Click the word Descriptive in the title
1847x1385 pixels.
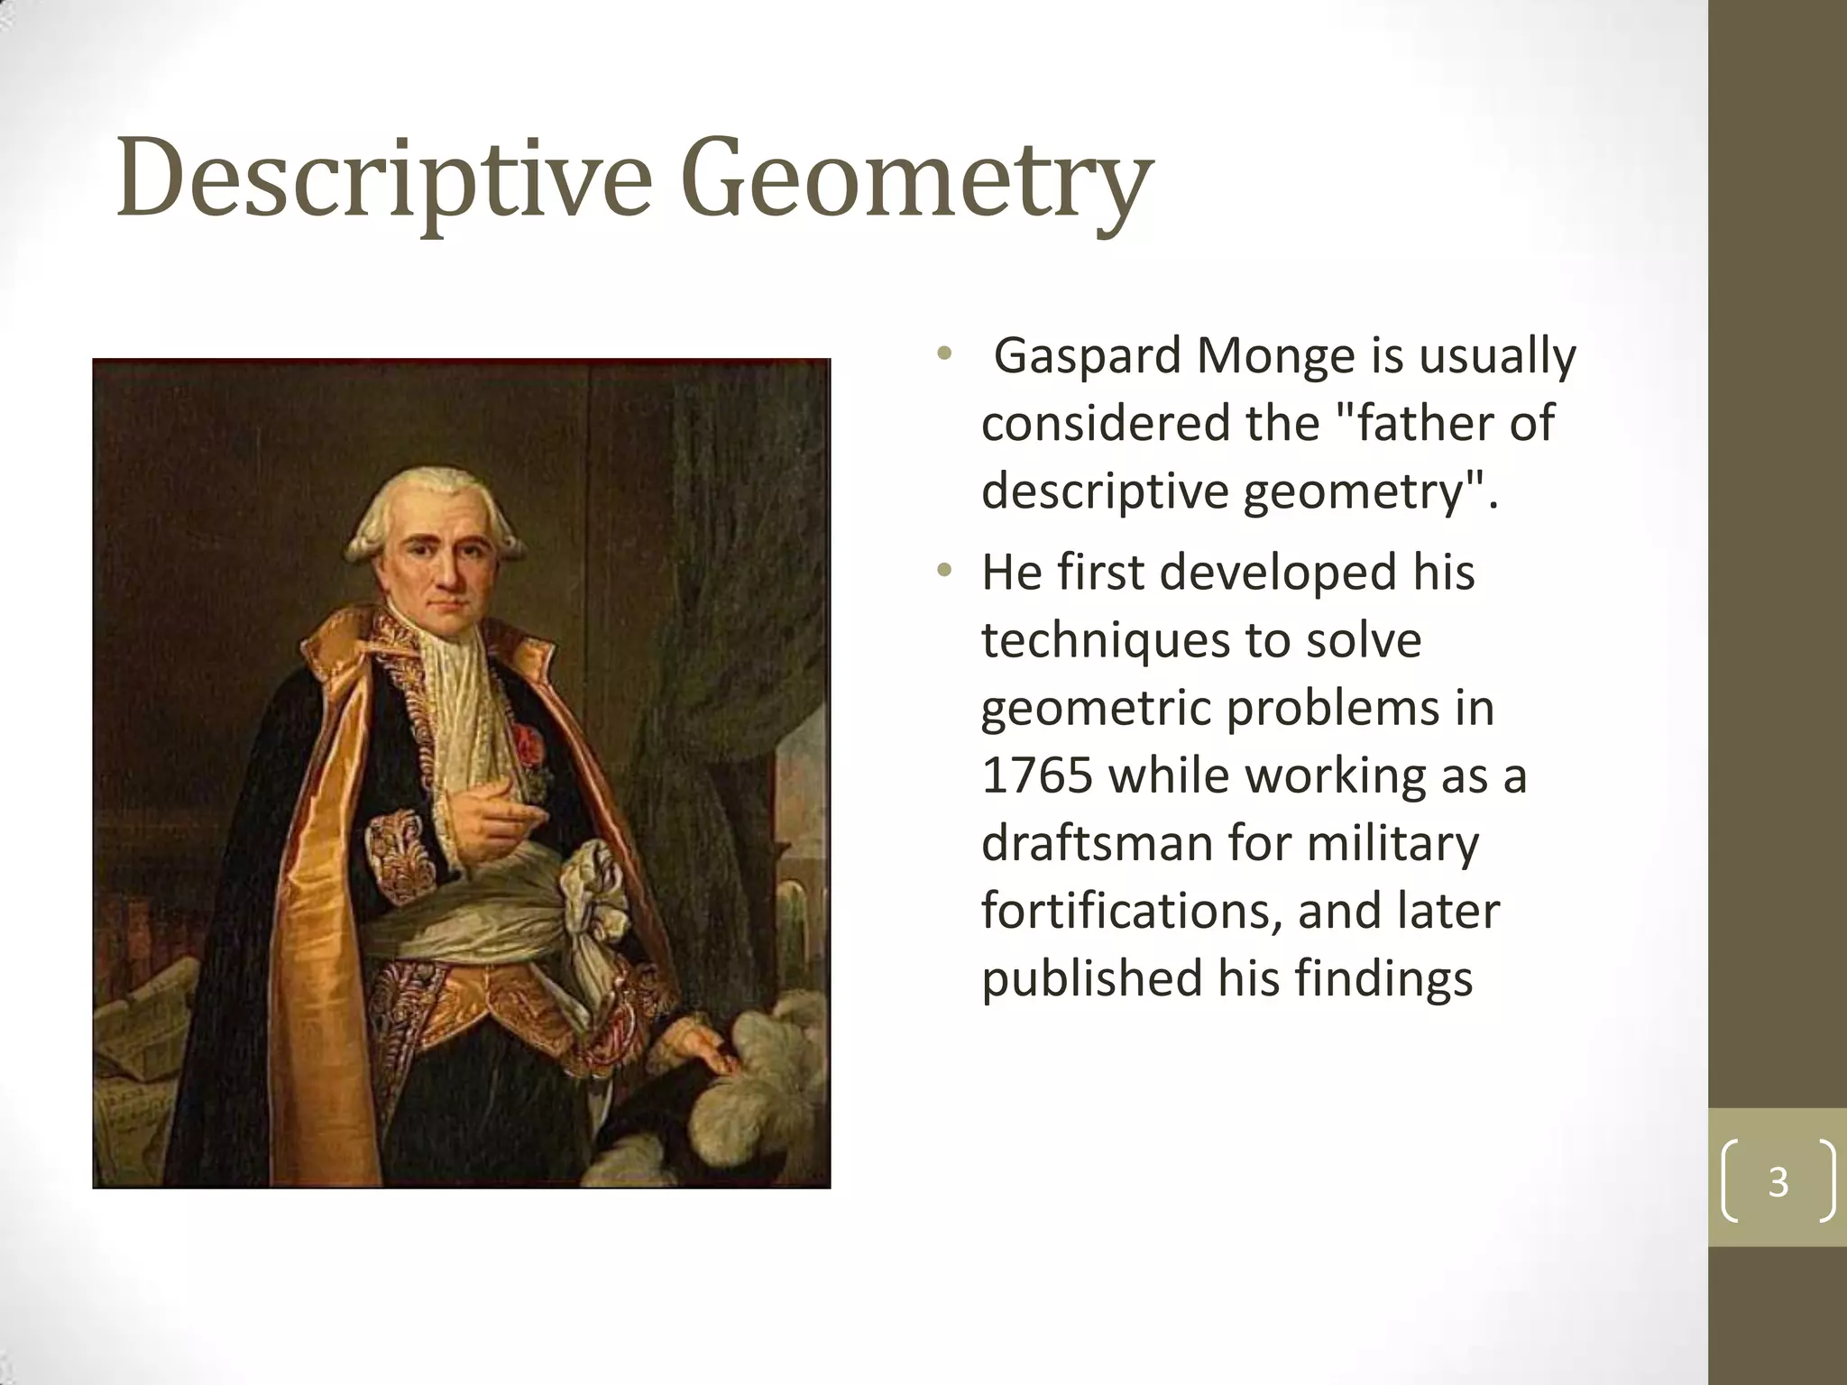[383, 179]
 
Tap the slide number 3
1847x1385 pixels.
[1778, 1181]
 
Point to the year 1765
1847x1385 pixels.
[1037, 775]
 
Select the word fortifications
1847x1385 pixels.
[1132, 911]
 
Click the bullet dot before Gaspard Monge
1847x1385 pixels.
[944, 353]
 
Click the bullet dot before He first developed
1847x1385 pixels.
[944, 570]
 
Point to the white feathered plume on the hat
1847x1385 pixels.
[767, 1073]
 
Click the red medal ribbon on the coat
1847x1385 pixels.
[528, 745]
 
